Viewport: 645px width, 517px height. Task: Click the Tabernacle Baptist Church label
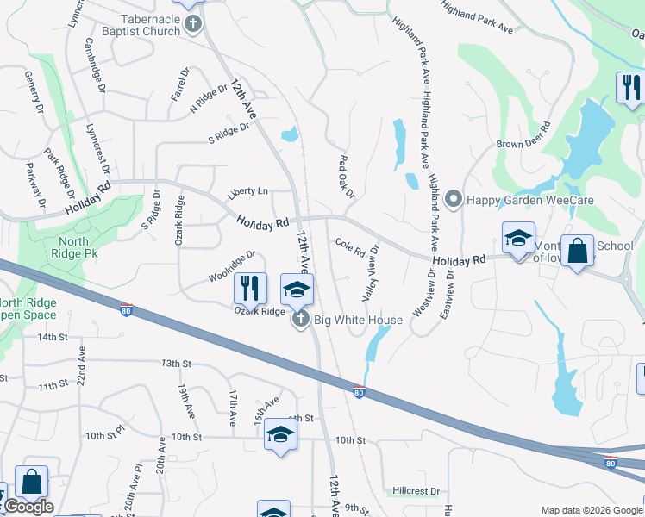pyautogui.click(x=151, y=24)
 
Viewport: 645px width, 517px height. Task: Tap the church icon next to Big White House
pyautogui.click(x=301, y=321)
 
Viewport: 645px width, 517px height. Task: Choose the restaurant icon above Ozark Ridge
pyautogui.click(x=247, y=287)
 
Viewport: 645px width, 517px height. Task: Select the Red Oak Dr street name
pyautogui.click(x=347, y=176)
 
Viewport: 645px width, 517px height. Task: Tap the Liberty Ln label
pyautogui.click(x=247, y=191)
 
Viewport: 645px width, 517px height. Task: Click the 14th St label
pyautogui.click(x=52, y=337)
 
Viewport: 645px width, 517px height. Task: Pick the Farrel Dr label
pyautogui.click(x=179, y=85)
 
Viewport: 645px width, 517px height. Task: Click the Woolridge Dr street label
pyautogui.click(x=232, y=267)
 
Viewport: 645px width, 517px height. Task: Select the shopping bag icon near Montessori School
pyautogui.click(x=577, y=252)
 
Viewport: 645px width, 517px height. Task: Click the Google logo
pyautogui.click(x=28, y=507)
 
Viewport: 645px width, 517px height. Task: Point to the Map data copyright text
pyautogui.click(x=591, y=510)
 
